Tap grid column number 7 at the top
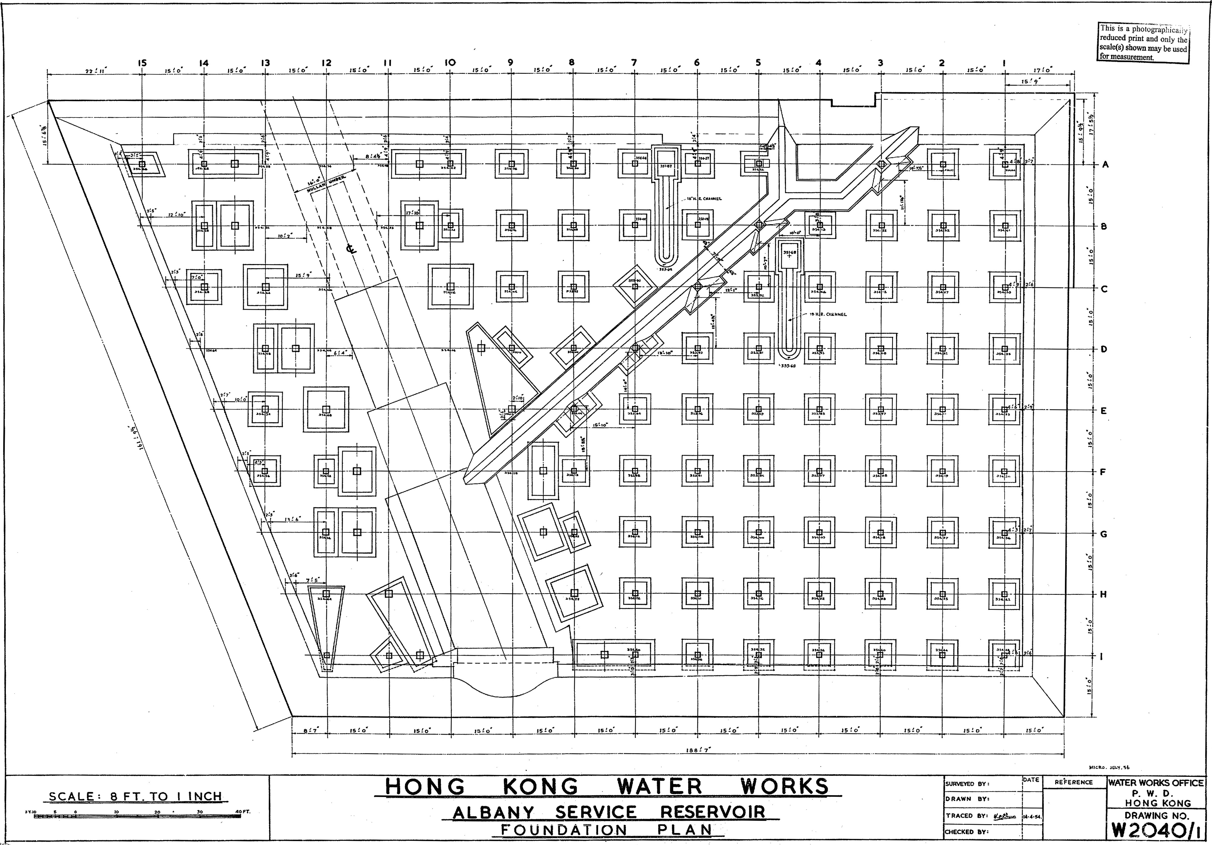click(634, 63)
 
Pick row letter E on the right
click(1103, 411)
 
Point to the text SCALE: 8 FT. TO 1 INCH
click(135, 796)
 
